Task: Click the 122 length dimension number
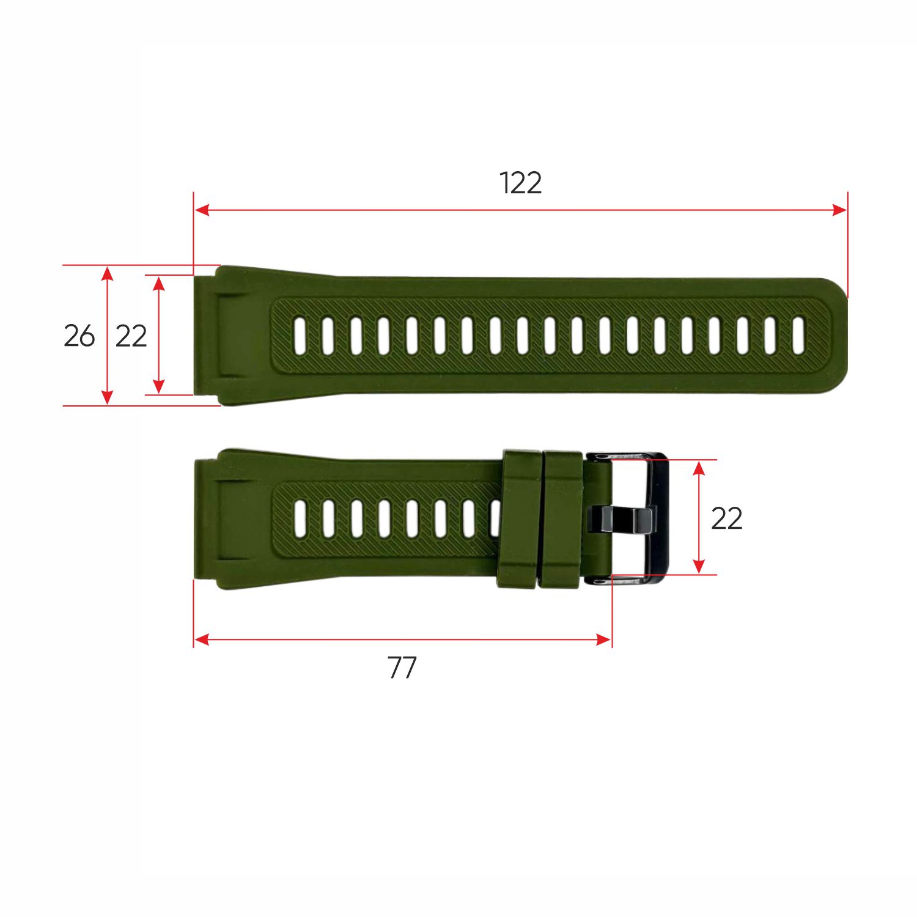(x=520, y=183)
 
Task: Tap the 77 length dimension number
(x=402, y=668)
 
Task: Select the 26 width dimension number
(x=79, y=336)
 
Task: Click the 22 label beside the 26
(x=131, y=336)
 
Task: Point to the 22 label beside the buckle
(x=727, y=518)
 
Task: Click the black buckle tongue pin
(x=621, y=520)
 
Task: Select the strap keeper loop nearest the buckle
(x=562, y=520)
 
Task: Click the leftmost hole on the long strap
(x=300, y=336)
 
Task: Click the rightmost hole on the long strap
(x=798, y=336)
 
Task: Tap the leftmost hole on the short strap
(x=300, y=518)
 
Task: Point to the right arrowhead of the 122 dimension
(x=840, y=210)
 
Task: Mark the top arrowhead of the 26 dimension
(x=108, y=273)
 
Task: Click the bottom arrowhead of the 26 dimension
(x=108, y=398)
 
